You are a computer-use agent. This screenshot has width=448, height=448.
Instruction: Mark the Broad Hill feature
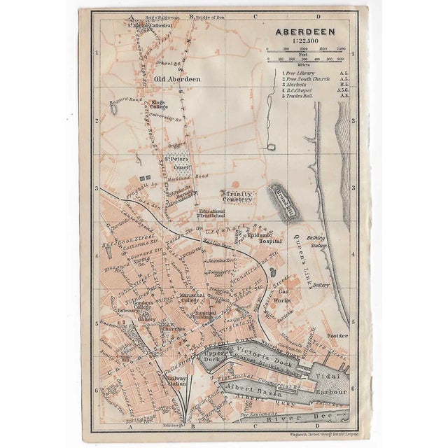(283, 201)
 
